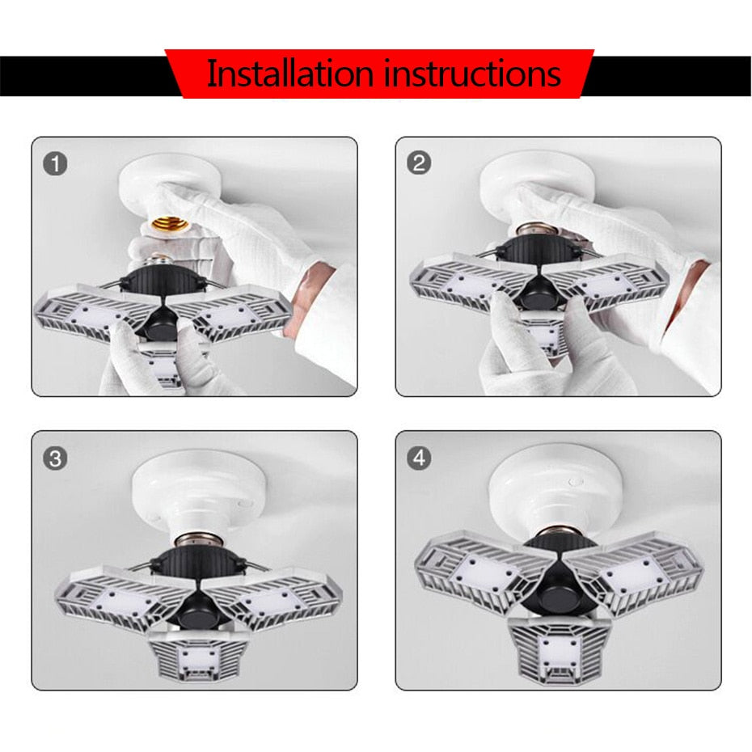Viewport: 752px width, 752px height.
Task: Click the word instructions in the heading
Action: click(473, 74)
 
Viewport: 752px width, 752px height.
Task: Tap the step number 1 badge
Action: click(55, 164)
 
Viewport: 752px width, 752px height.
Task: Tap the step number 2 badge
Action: click(418, 164)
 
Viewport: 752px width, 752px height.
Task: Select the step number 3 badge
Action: click(55, 458)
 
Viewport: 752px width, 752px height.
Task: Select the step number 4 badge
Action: click(418, 458)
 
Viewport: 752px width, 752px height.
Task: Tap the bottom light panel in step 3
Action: click(198, 651)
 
